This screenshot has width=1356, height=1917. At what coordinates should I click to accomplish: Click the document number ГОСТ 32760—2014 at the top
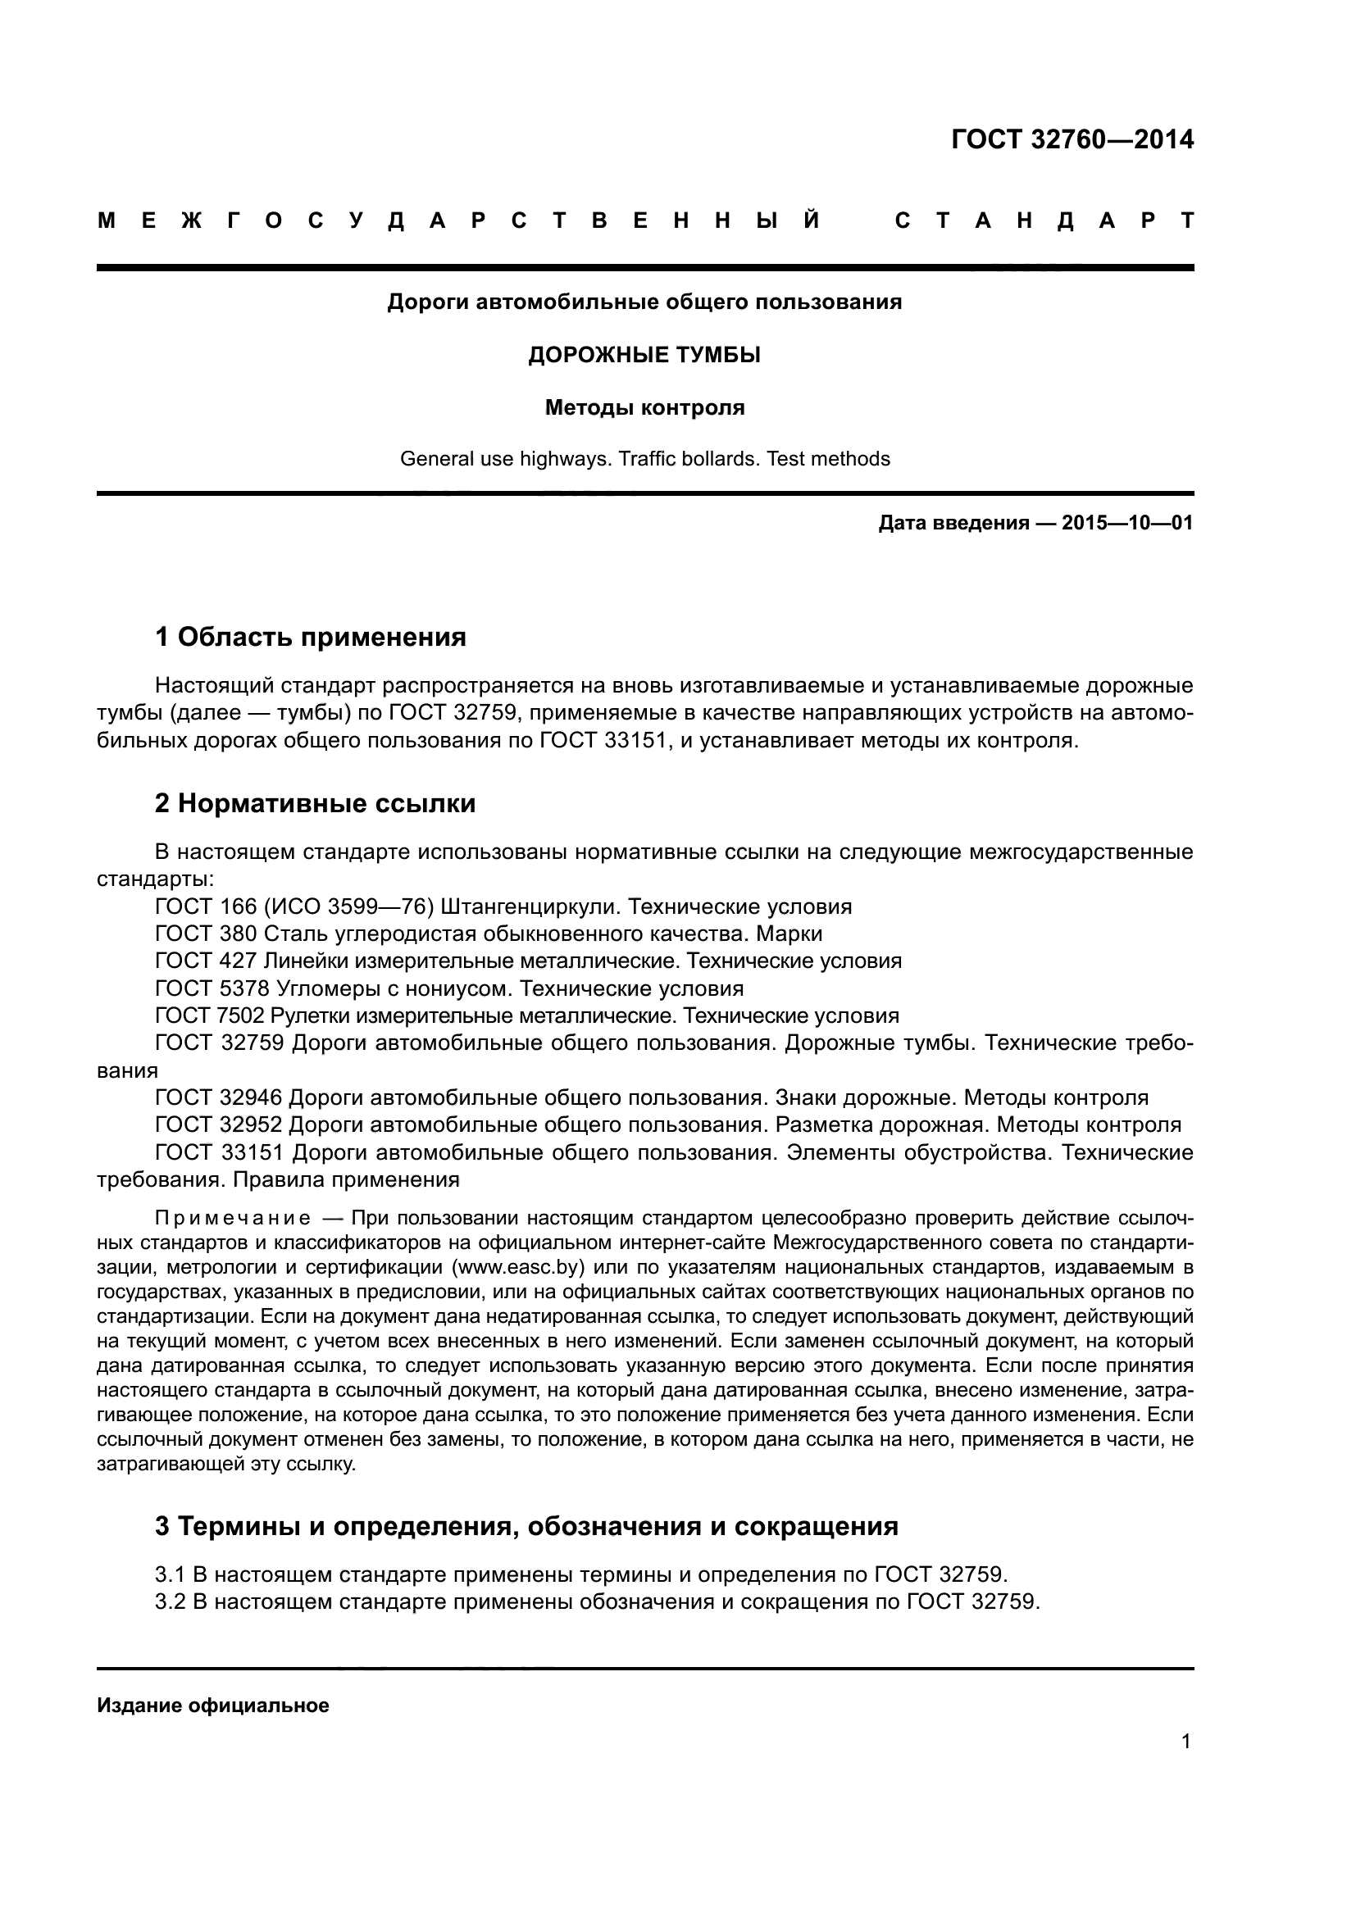pyautogui.click(x=1072, y=139)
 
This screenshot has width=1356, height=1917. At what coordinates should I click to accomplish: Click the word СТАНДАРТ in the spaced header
pyautogui.click(x=1044, y=221)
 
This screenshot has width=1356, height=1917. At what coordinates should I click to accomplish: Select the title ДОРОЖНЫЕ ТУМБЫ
pyautogui.click(x=644, y=356)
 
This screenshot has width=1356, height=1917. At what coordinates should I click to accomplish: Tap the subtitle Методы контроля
pyautogui.click(x=644, y=408)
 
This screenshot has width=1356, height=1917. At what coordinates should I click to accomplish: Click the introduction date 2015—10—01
pyautogui.click(x=1127, y=524)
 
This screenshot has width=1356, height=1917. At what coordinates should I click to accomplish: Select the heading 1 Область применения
pyautogui.click(x=310, y=638)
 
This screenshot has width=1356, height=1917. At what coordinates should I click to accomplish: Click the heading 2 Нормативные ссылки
pyautogui.click(x=315, y=804)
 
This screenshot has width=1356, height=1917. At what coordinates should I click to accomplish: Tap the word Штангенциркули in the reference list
pyautogui.click(x=530, y=906)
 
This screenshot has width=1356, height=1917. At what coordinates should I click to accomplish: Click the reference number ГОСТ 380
pyautogui.click(x=206, y=934)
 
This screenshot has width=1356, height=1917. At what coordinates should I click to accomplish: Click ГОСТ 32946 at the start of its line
pyautogui.click(x=219, y=1098)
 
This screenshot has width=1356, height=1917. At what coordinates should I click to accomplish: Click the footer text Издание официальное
pyautogui.click(x=213, y=1706)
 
